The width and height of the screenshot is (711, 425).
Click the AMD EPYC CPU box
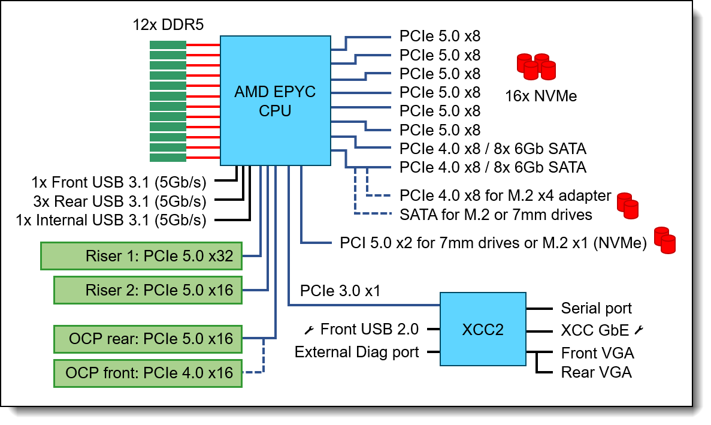[275, 101]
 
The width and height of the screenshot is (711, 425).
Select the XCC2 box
[483, 330]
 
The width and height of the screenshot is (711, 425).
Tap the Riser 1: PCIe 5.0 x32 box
[141, 257]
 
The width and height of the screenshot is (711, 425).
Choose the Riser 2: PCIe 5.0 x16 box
[148, 290]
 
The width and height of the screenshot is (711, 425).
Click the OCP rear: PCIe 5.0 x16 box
[148, 339]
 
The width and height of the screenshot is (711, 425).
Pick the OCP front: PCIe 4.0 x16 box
[148, 372]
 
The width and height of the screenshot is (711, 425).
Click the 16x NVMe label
[541, 95]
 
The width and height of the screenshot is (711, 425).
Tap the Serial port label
[596, 308]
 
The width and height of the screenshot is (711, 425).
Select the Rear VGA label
[596, 372]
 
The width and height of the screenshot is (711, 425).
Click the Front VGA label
[597, 352]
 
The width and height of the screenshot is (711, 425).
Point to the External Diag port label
[356, 352]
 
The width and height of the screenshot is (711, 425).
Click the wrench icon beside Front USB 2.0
[310, 329]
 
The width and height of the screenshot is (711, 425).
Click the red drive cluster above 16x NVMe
[535, 67]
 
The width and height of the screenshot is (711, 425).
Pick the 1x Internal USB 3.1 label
[111, 220]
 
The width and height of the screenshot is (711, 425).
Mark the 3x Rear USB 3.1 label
[120, 200]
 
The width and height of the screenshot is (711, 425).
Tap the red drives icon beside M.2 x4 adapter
[628, 205]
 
